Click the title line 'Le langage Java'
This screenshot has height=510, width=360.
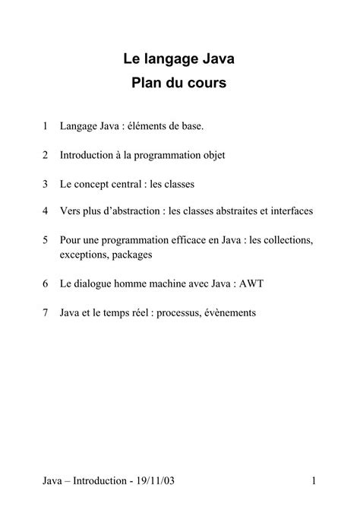click(179, 57)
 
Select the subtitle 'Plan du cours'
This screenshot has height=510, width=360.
click(179, 83)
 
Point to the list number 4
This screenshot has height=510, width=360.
click(46, 210)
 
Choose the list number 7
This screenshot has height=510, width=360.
click(46, 313)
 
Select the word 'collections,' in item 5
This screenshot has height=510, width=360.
click(284, 240)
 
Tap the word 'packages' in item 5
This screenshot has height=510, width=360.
click(132, 255)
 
